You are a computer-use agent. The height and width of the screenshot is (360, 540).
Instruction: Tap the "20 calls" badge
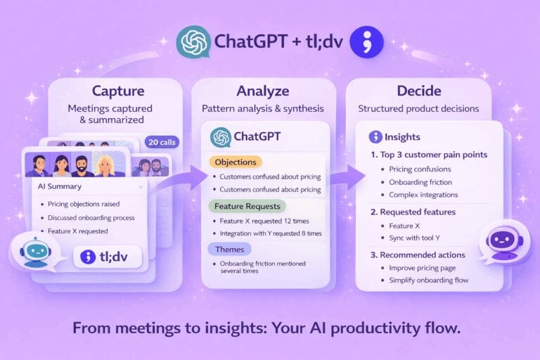162,142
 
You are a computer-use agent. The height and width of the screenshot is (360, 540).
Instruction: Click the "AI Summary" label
60,187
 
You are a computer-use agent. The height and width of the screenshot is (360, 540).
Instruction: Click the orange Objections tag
234,162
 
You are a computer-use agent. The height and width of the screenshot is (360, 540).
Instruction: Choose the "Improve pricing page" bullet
423,268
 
